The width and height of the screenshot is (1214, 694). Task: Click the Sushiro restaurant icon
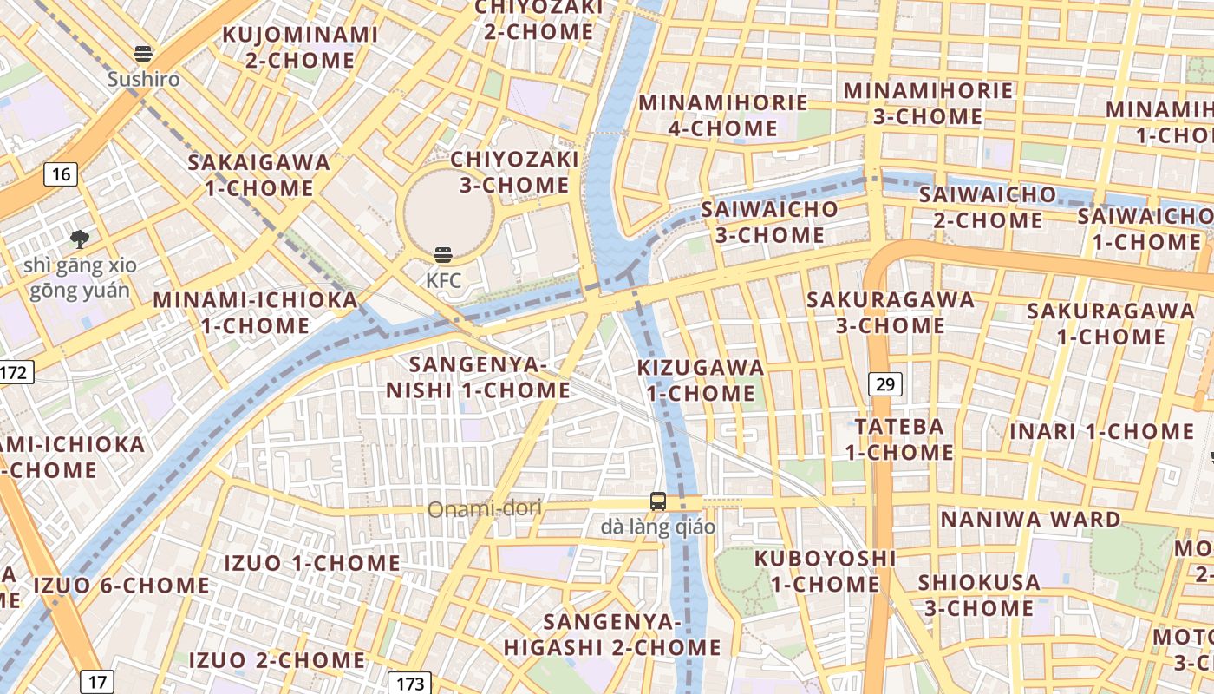(144, 54)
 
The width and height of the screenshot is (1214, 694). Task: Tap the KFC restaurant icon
(443, 255)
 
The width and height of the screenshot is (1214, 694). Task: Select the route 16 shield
(61, 174)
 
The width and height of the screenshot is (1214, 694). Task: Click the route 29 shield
(884, 384)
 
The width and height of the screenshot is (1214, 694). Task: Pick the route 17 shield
(97, 681)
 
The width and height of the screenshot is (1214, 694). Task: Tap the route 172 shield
(15, 373)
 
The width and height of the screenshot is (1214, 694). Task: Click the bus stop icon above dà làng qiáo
(658, 501)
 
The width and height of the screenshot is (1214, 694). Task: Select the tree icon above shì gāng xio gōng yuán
(80, 239)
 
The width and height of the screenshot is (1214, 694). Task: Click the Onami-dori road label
(484, 508)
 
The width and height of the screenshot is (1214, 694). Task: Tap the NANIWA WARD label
(1031, 520)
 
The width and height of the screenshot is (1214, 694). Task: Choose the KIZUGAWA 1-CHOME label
(701, 380)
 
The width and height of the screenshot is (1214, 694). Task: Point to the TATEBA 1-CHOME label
(899, 439)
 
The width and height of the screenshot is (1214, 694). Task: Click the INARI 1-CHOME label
(1101, 431)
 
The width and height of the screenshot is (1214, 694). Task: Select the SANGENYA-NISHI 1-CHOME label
(479, 377)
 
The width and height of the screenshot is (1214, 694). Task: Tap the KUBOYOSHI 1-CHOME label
(824, 571)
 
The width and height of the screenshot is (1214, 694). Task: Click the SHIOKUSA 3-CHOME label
(979, 595)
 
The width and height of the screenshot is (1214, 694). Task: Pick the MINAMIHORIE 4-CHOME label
(723, 115)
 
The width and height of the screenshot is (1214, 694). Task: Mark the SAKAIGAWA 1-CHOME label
(259, 175)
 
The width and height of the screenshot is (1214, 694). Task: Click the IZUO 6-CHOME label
(121, 586)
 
